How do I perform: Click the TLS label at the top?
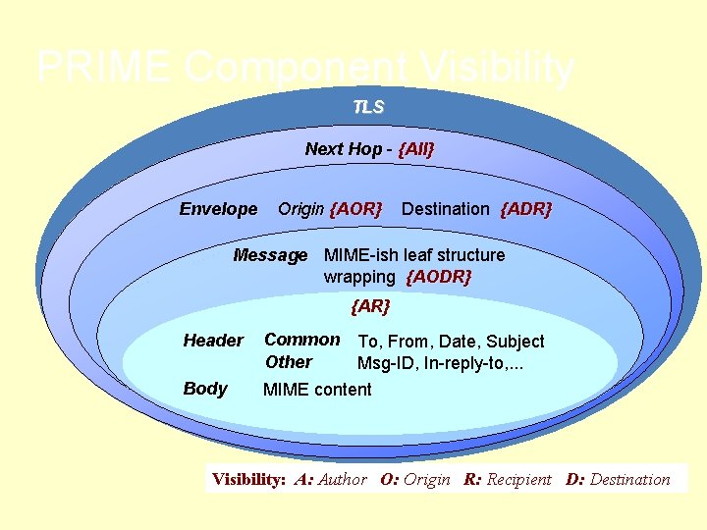tap(368, 106)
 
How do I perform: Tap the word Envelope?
tap(218, 209)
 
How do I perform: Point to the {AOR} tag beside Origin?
tap(356, 209)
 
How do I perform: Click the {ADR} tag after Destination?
tap(526, 209)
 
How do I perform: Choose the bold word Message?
tap(270, 255)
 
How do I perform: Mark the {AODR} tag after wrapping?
tap(439, 277)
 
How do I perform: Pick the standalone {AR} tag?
tap(370, 306)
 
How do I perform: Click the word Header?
tap(213, 341)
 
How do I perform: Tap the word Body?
tap(205, 389)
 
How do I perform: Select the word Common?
tap(302, 340)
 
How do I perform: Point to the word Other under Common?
tap(289, 361)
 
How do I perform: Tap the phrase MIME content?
tap(317, 390)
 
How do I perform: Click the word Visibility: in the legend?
tap(249, 480)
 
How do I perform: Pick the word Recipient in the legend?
tap(520, 480)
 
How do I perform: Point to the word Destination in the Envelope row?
tap(445, 209)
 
